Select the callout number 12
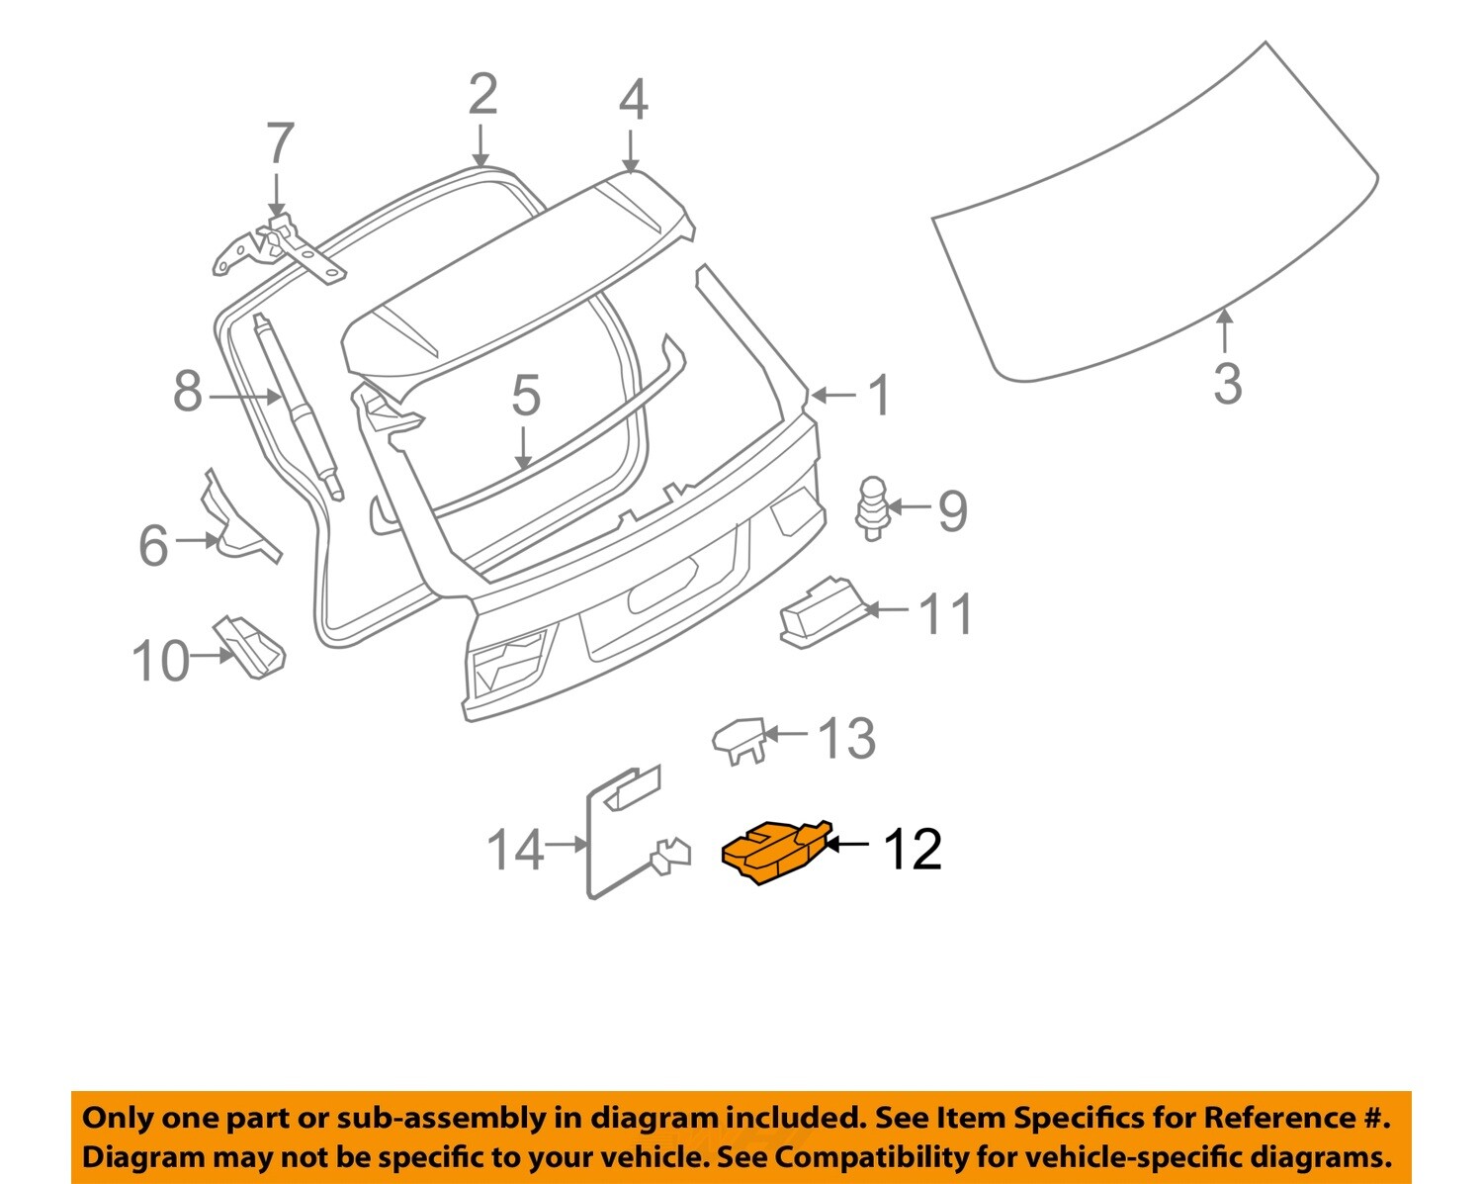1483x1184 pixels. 912,850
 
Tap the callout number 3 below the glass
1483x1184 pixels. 1227,384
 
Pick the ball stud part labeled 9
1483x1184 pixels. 871,507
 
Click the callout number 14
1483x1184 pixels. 515,850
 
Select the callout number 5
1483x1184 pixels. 525,396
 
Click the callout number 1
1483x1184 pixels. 879,396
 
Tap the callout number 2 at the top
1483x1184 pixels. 482,95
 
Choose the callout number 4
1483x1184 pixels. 633,100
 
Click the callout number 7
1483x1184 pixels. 280,144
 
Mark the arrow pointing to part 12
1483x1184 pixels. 847,844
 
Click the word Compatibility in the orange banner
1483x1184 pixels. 882,1156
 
